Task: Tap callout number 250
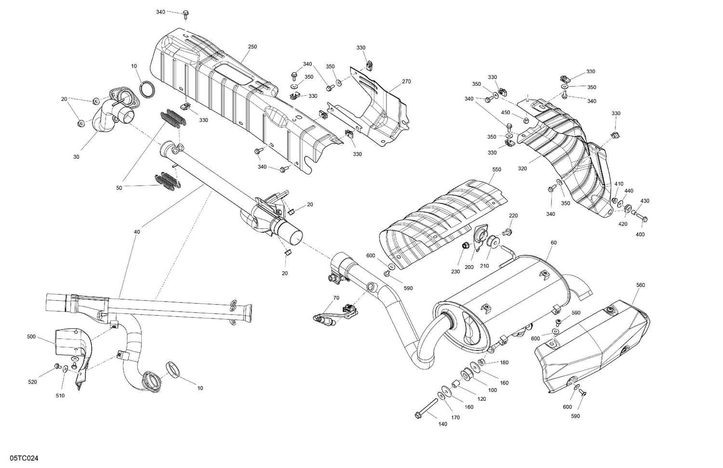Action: tap(252, 47)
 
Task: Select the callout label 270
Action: tap(406, 81)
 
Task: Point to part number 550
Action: tap(496, 170)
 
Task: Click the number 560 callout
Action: tap(640, 285)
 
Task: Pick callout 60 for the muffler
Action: tap(553, 242)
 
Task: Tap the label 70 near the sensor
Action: tap(335, 298)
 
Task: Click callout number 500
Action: tap(31, 337)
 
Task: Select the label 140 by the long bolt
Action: tap(442, 424)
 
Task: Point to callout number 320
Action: tap(522, 169)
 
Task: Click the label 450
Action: tap(505, 112)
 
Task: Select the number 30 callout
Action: tap(76, 157)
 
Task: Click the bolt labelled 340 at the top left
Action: tap(186, 16)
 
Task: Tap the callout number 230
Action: tap(455, 271)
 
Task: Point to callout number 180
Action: tap(504, 362)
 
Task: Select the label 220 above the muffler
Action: tap(513, 215)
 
